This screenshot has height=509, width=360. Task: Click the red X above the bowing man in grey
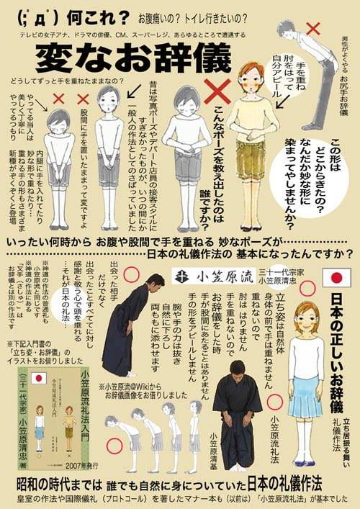click(314, 30)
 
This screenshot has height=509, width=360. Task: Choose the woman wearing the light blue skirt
click(305, 374)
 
